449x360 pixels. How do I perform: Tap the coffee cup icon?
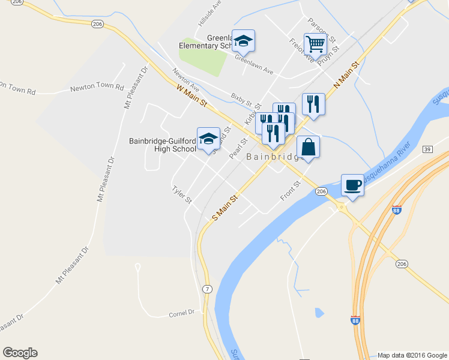pyautogui.click(x=352, y=185)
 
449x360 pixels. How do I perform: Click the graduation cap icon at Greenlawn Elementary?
pyautogui.click(x=243, y=41)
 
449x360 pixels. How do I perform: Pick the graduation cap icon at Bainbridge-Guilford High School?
pyautogui.click(x=208, y=139)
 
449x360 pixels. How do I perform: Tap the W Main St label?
pyautogui.click(x=191, y=96)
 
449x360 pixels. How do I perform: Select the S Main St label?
pyautogui.click(x=225, y=206)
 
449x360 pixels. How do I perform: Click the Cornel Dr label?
pyautogui.click(x=182, y=313)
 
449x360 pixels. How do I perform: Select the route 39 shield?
pyautogui.click(x=427, y=149)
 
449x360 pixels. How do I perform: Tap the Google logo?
pyautogui.click(x=20, y=353)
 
